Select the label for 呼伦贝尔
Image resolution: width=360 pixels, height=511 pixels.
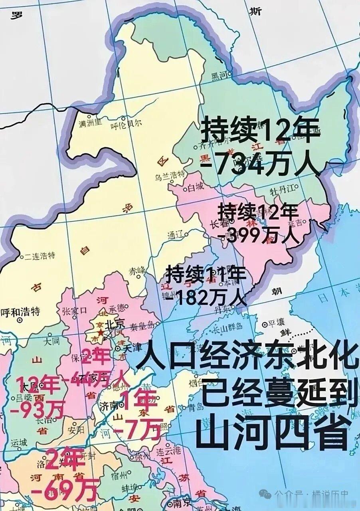(126, 124)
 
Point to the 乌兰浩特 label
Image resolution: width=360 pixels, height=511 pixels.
(170, 174)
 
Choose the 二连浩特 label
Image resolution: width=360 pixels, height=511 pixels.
(40, 255)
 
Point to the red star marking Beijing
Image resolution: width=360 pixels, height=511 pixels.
(100, 332)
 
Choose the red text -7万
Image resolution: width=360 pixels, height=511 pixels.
(137, 428)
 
